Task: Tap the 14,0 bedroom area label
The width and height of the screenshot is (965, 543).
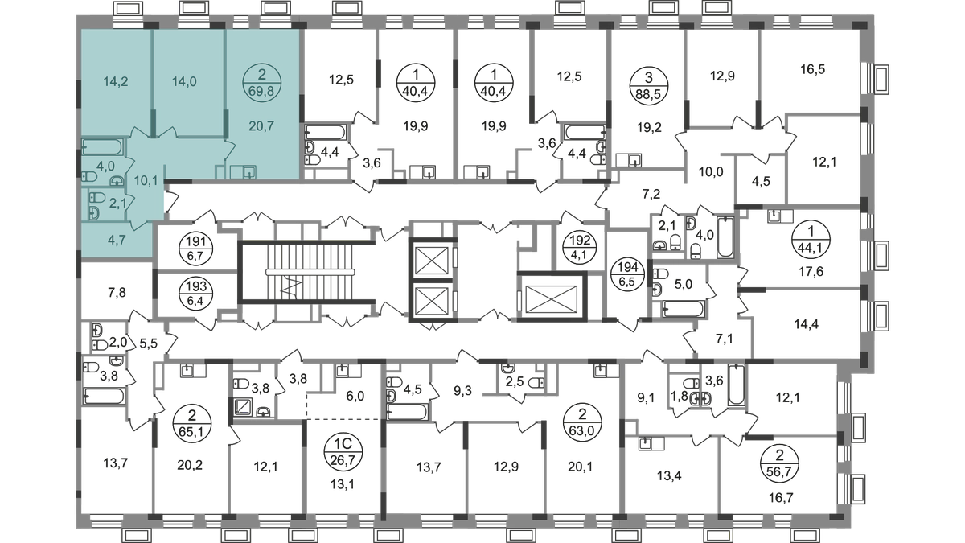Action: [187, 80]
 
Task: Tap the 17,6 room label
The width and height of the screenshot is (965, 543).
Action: [805, 271]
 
